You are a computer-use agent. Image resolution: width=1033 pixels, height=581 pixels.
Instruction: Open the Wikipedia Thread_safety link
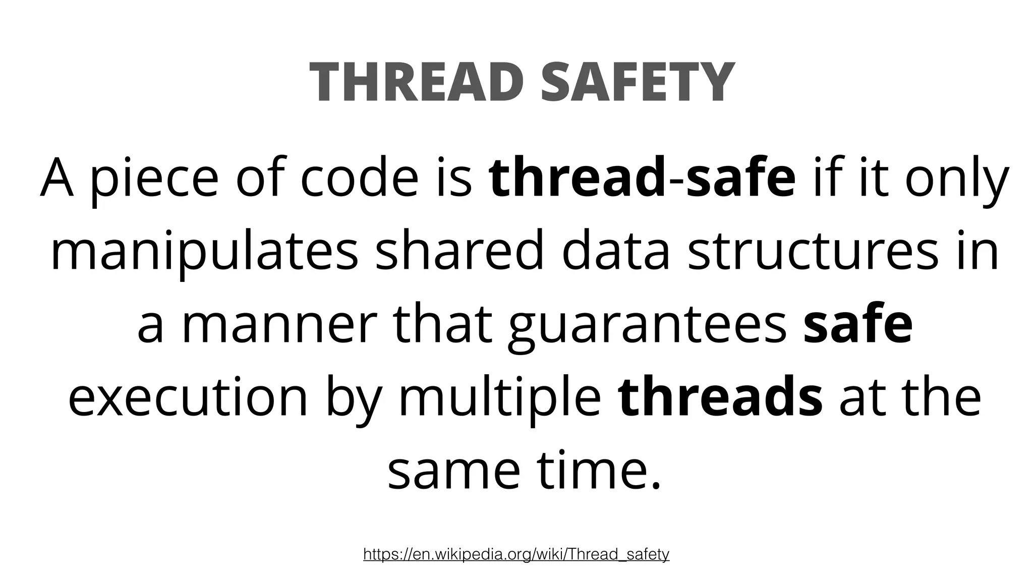pos(516,555)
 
